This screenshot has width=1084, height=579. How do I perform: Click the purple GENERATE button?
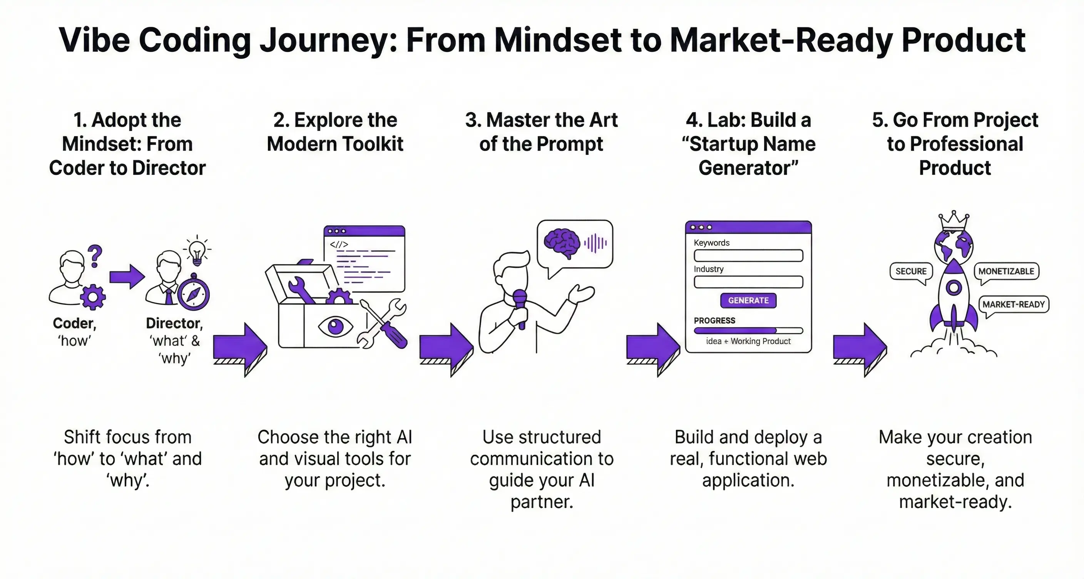pyautogui.click(x=748, y=300)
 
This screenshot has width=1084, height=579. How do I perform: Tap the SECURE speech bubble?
pyautogui.click(x=911, y=271)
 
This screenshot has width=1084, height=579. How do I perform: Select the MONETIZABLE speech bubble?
pyautogui.click(x=1006, y=271)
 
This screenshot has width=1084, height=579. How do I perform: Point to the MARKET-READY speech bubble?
pyautogui.click(x=1013, y=304)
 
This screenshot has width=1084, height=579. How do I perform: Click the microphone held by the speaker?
pyautogui.click(x=520, y=307)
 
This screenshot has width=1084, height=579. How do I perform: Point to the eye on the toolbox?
pyautogui.click(x=335, y=326)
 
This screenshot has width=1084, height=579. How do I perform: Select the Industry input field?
pyautogui.click(x=748, y=282)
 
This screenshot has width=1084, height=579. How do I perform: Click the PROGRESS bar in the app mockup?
pyautogui.click(x=748, y=331)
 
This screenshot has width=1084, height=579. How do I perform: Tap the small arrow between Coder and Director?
pyautogui.click(x=127, y=277)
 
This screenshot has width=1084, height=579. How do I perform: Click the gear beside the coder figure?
pyautogui.click(x=93, y=297)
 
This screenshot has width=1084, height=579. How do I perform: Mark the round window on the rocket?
pyautogui.click(x=954, y=288)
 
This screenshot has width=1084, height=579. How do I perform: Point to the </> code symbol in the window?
pyautogui.click(x=339, y=244)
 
